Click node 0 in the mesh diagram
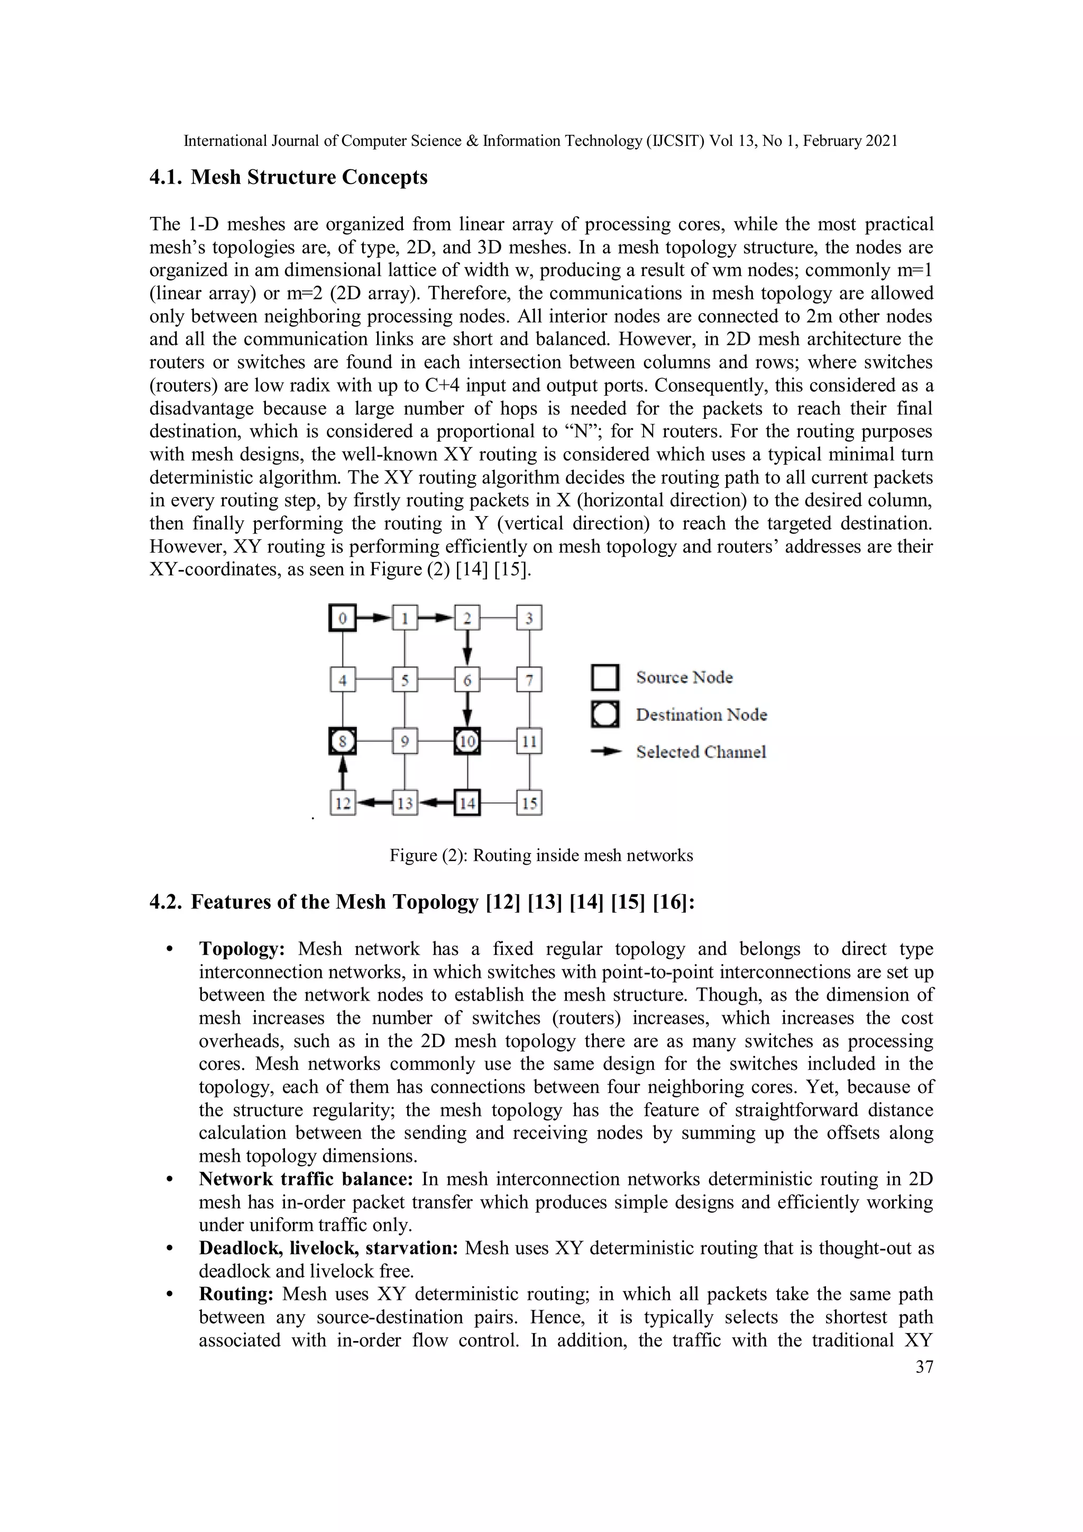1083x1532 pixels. coord(342,618)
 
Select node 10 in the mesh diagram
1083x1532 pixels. coord(467,741)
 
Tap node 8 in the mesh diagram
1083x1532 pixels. coord(342,741)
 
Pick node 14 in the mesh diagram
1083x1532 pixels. coord(467,803)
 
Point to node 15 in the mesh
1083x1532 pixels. coord(529,803)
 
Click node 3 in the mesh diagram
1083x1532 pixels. coord(529,618)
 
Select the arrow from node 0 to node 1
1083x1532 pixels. coord(374,618)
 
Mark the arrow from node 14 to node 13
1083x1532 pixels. coord(436,803)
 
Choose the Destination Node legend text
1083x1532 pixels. coord(701,714)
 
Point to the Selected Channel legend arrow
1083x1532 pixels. coord(606,752)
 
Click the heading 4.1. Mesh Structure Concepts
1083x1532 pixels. coord(288,178)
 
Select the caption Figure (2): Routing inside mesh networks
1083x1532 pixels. coord(541,856)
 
